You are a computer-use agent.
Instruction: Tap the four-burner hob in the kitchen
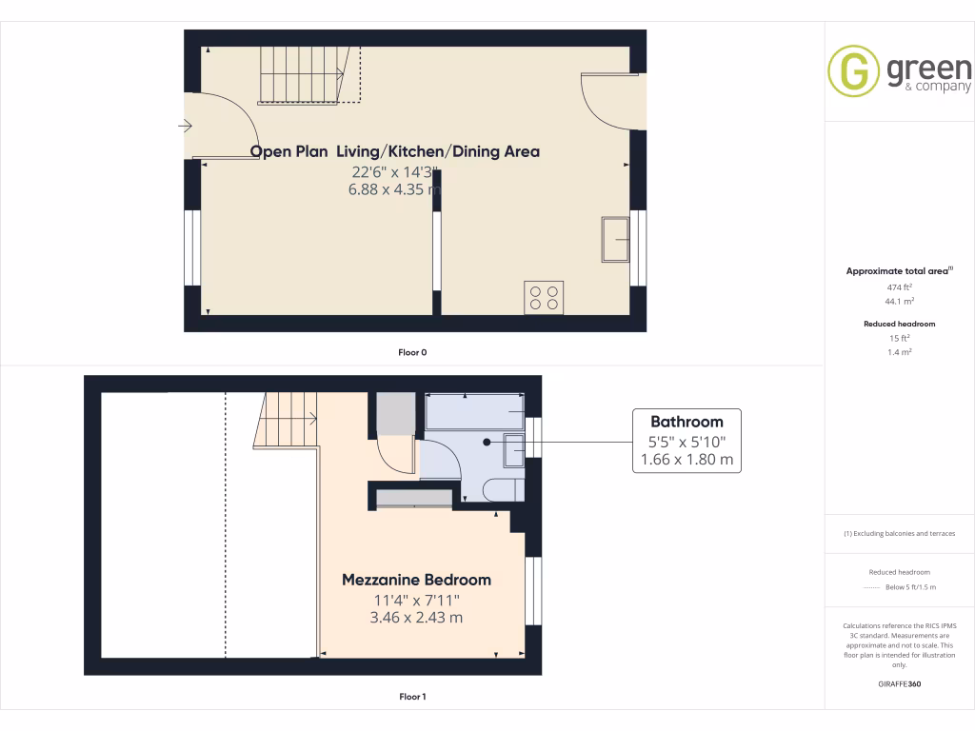(543, 296)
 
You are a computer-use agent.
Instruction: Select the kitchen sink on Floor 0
(614, 238)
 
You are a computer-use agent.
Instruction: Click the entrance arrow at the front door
(185, 126)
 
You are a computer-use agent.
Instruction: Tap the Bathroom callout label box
(686, 441)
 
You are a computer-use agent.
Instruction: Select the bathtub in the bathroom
(474, 411)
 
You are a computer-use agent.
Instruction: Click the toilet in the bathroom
(502, 490)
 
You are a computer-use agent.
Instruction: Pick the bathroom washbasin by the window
(514, 449)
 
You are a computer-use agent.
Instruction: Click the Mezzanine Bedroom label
(416, 580)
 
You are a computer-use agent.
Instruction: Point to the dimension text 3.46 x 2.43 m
(416, 617)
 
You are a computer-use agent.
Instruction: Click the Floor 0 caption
(412, 352)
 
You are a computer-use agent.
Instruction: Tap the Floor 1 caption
(412, 697)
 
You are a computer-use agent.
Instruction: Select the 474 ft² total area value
(899, 286)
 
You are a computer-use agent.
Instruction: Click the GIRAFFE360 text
(899, 684)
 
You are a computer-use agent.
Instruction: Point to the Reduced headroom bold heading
(899, 324)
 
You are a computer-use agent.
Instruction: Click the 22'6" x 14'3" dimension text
(394, 172)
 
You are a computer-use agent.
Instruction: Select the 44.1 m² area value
(899, 301)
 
